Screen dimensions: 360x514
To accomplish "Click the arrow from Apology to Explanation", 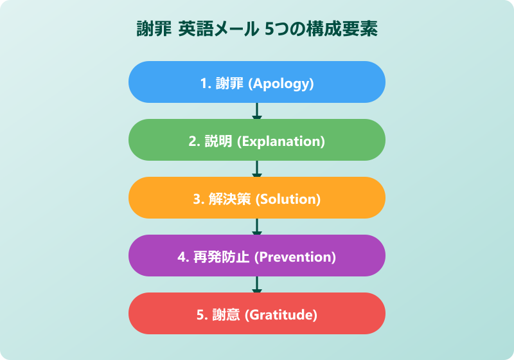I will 257,111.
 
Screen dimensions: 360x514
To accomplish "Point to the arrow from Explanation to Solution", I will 257,169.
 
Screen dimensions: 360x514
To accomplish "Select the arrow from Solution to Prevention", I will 257,227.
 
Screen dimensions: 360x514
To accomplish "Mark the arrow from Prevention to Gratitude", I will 257,285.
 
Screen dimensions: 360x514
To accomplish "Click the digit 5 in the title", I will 269,30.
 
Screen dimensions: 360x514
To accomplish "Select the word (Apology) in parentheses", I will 281,84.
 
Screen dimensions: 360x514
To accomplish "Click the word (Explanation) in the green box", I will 281,141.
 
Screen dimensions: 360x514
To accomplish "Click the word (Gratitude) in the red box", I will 282,315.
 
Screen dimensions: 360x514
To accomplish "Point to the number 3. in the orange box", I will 199,199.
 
